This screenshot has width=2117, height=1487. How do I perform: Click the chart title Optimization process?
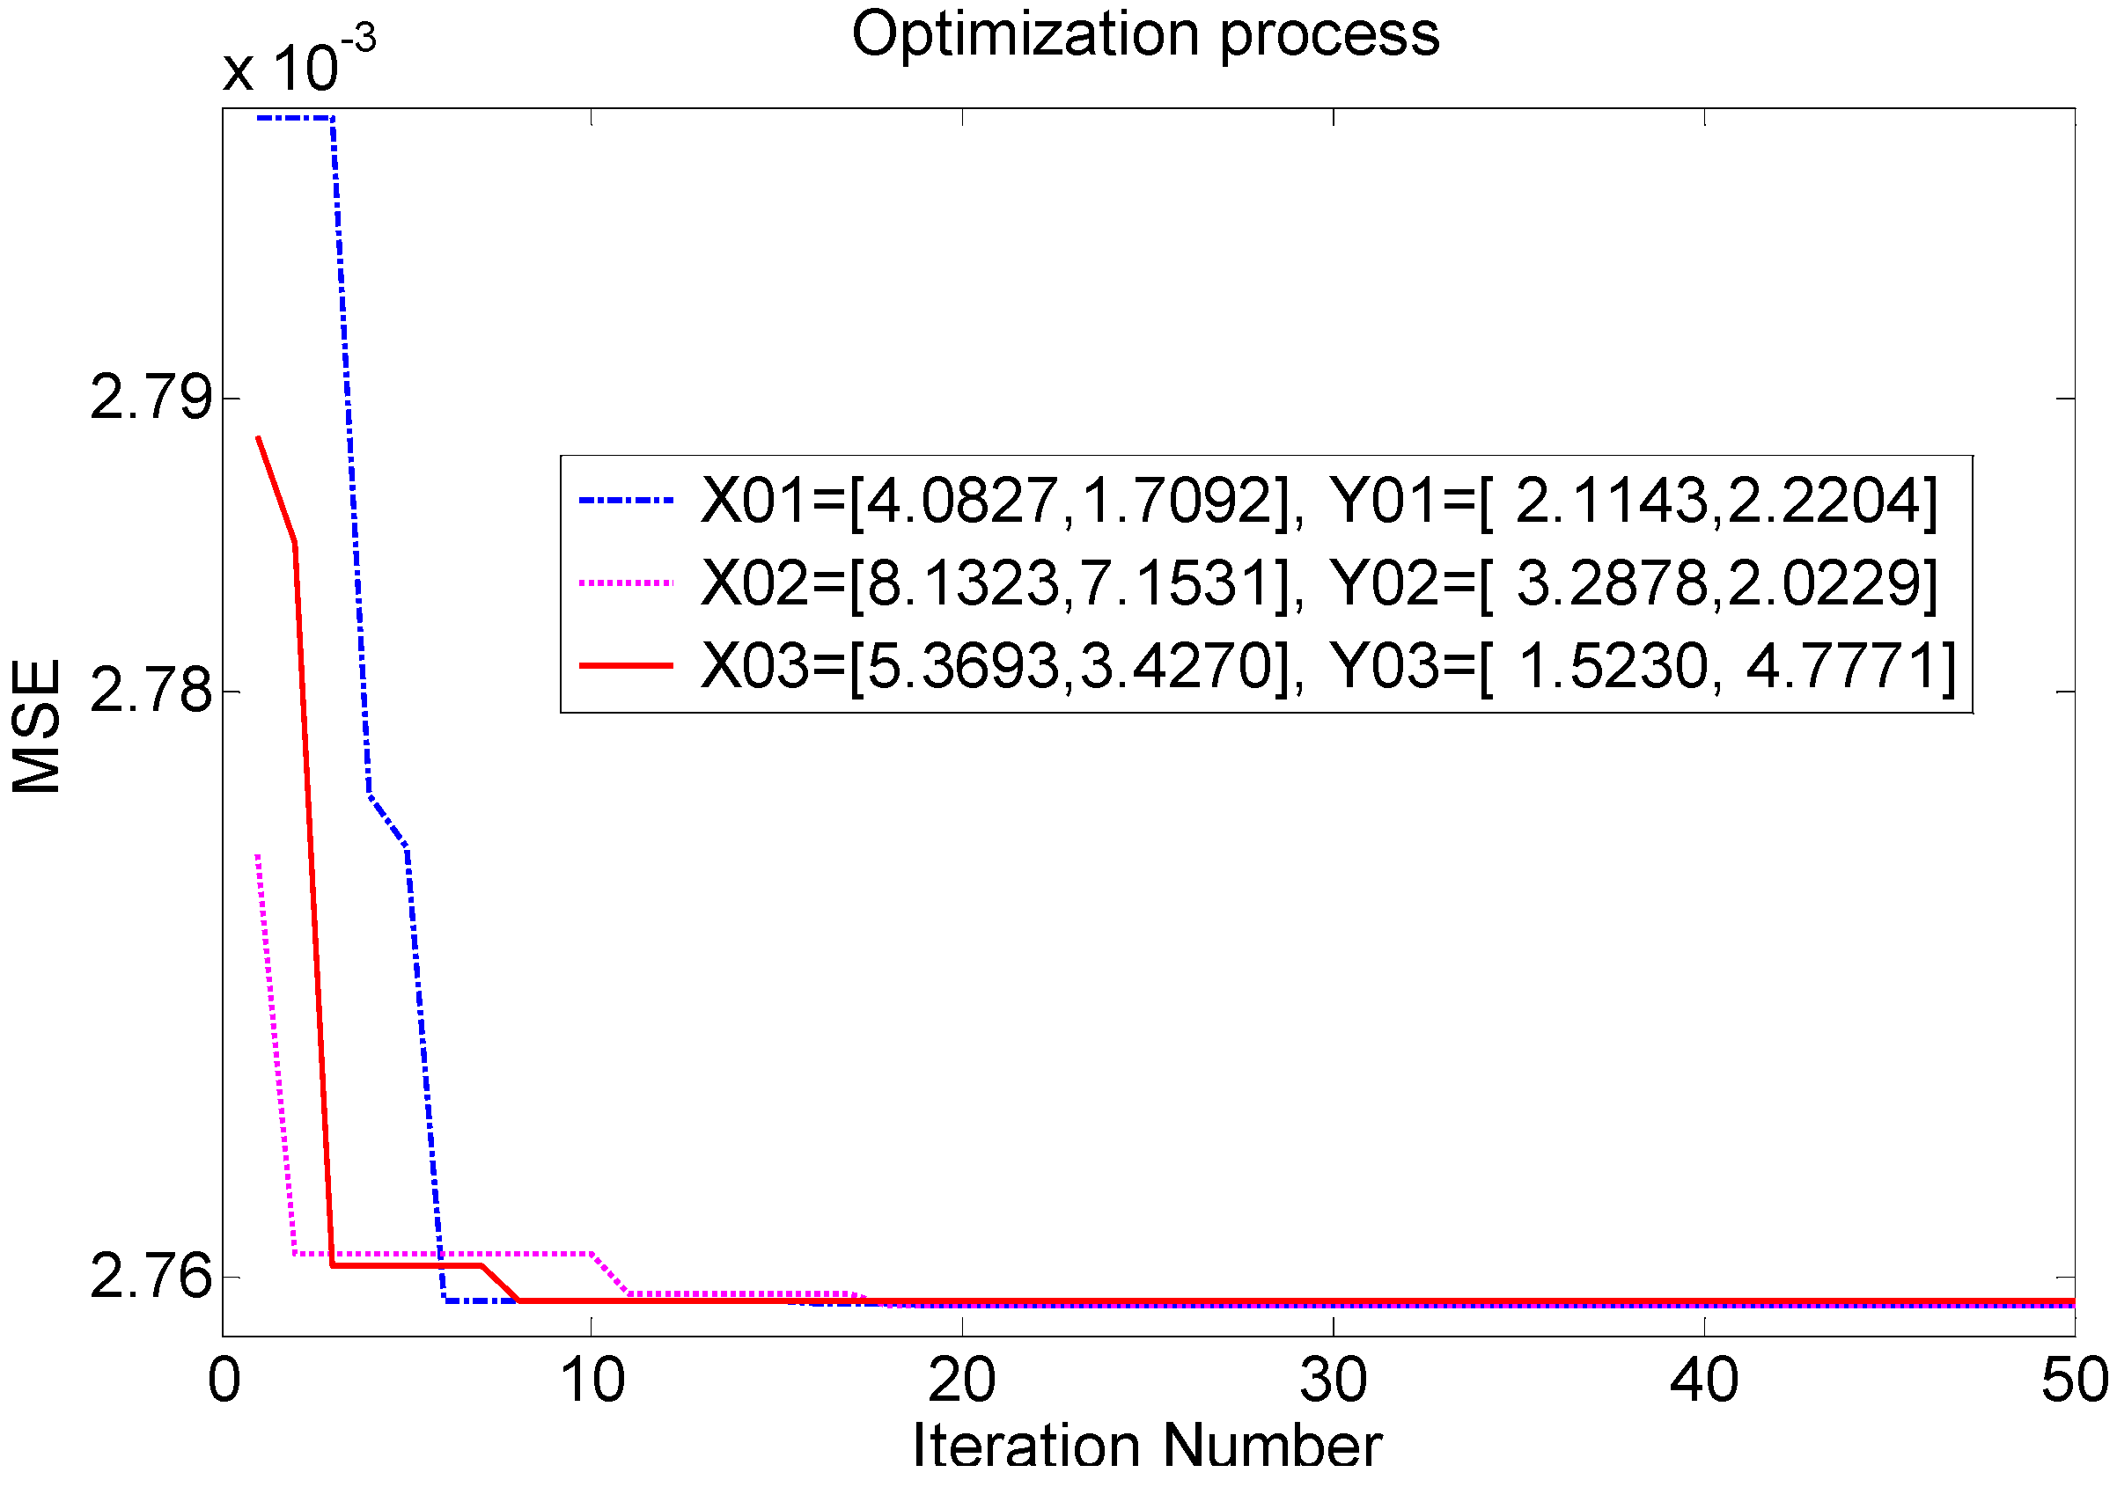pos(1144,35)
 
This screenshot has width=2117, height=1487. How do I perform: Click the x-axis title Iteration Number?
pos(1146,1447)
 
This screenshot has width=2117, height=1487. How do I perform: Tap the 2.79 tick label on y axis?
pos(151,399)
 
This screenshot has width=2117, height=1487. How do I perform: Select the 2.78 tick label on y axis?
pos(151,691)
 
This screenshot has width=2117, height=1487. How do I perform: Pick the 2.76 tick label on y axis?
pos(151,1277)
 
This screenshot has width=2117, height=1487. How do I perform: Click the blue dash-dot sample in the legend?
pos(626,501)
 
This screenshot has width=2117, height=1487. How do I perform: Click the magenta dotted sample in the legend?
pos(626,582)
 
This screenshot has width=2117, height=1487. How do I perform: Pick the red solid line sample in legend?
pos(626,664)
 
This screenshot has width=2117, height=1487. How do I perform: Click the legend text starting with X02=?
pos(1319,582)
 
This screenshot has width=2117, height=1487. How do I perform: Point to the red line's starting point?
pos(259,438)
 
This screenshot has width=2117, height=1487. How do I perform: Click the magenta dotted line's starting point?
pos(258,856)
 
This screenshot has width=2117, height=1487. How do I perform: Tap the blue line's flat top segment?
pos(295,118)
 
